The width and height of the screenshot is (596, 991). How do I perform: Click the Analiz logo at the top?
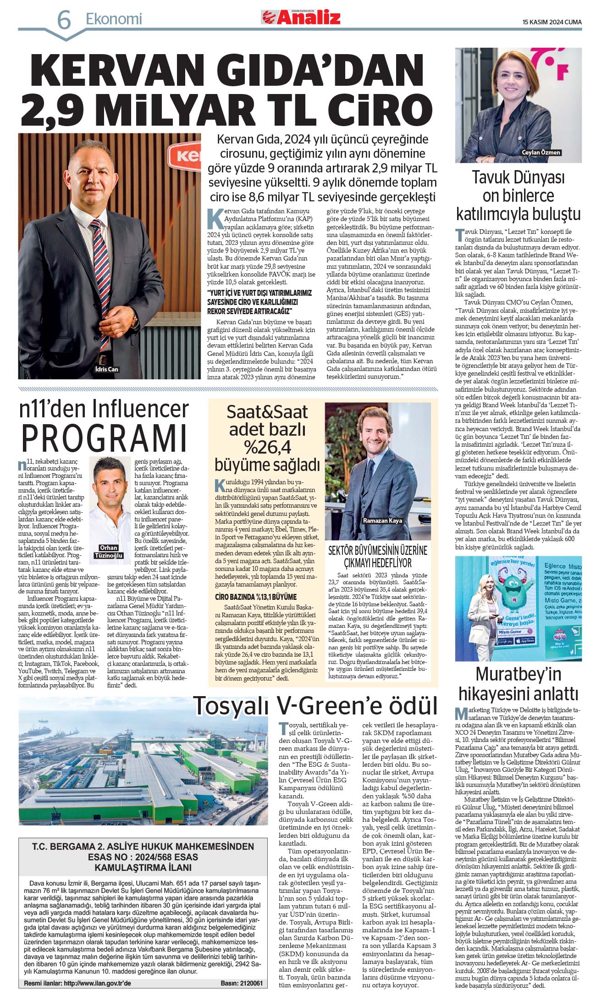tap(301, 17)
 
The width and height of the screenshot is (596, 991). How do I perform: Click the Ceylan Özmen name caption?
tap(541, 152)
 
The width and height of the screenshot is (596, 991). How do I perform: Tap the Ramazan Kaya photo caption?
tap(382, 520)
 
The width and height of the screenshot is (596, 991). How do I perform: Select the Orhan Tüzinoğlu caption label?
tap(109, 551)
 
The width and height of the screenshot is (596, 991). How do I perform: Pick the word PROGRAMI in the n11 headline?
tap(105, 438)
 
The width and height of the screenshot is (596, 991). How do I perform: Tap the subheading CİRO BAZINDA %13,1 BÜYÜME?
tap(256, 597)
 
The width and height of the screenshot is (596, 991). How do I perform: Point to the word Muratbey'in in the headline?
tap(518, 674)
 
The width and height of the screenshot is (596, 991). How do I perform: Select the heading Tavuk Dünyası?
tap(518, 177)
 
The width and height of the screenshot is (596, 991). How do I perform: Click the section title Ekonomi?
tap(114, 19)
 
